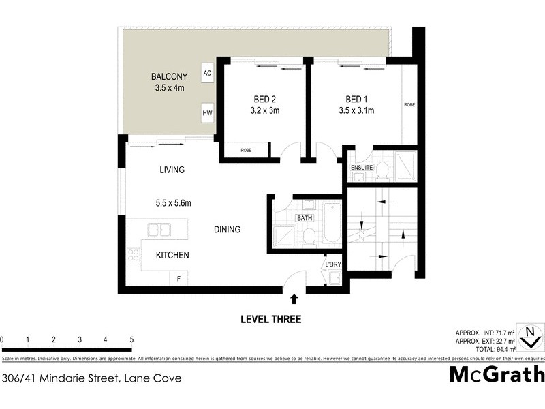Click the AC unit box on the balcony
coord(206,73)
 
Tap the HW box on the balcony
coord(206,113)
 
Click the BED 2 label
coord(263,99)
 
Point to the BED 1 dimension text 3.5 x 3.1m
coord(356,110)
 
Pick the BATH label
coord(304,218)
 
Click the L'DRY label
coord(332,264)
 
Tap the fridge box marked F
coord(179,278)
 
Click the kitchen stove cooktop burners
coord(132,256)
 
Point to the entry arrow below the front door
coord(294,299)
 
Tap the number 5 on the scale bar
coord(131,339)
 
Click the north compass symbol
coord(529,337)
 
